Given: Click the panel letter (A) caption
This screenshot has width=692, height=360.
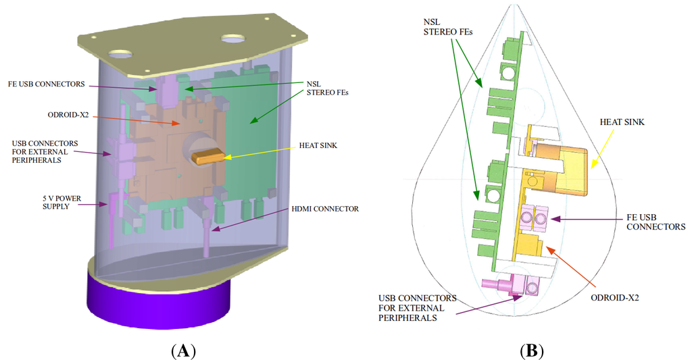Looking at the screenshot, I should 183,351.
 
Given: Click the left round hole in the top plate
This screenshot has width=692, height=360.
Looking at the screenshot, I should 122,53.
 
